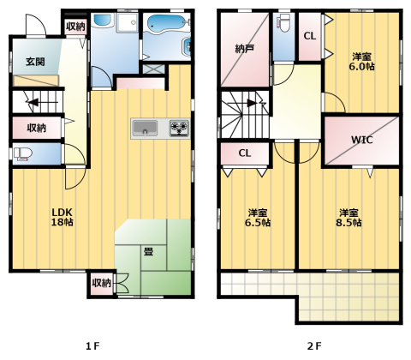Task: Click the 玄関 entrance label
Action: coord(35,62)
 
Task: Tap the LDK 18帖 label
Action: coord(62,217)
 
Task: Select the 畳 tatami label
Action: coord(148,251)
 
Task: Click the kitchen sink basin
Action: coord(146,129)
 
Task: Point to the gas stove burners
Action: coord(179,128)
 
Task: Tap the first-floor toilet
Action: coord(22,154)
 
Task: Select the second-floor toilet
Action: coord(283,24)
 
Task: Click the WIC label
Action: coord(361,140)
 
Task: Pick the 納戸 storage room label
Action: coord(245,49)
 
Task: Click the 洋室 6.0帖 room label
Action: coord(361,62)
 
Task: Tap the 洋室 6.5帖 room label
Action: coord(258,218)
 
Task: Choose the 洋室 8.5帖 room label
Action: coord(348,218)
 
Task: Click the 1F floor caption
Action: coord(92,346)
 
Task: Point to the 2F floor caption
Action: coord(314,346)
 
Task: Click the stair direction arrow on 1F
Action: coord(33,102)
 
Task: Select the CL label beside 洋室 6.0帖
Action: coord(310,36)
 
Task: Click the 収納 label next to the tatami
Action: coord(101,283)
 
